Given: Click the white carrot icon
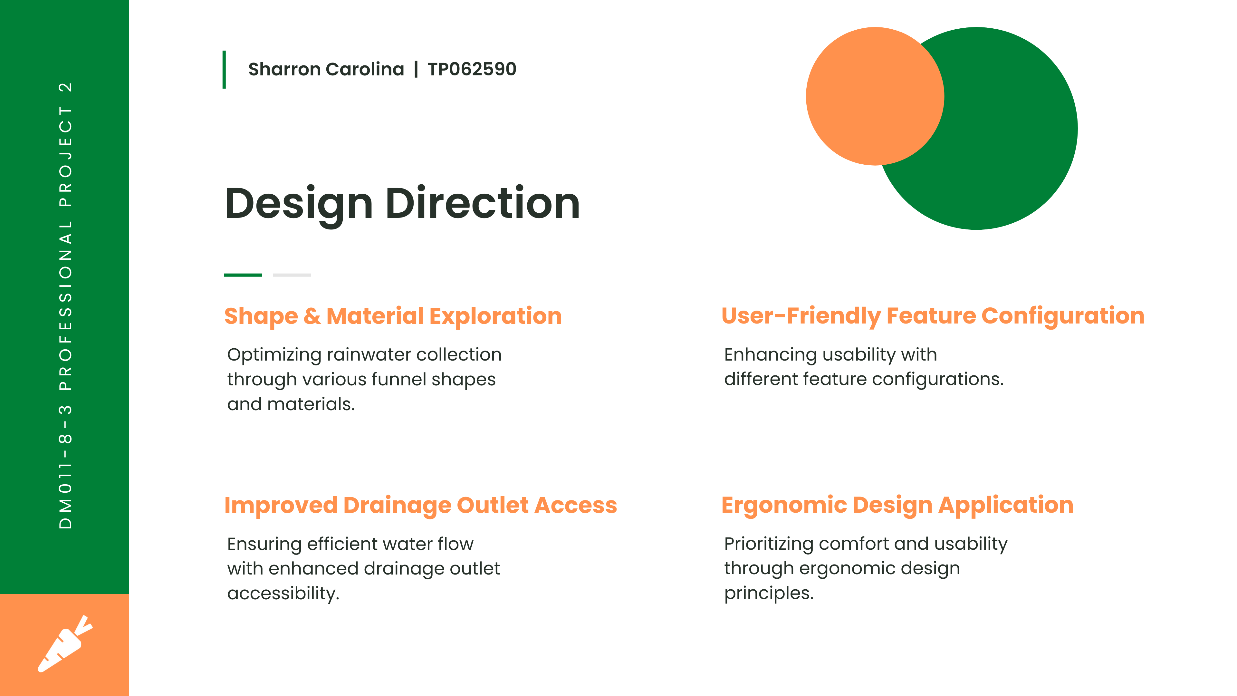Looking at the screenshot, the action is pyautogui.click(x=65, y=644).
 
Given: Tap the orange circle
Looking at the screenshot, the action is pyautogui.click(x=875, y=96).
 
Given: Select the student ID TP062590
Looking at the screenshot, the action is pyautogui.click(x=472, y=69).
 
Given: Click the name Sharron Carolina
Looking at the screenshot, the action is pyautogui.click(x=326, y=70).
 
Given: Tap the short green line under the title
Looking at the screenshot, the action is pyautogui.click(x=243, y=275).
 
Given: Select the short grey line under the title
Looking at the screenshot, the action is pyautogui.click(x=292, y=275).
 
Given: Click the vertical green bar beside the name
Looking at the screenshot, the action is pyautogui.click(x=224, y=70).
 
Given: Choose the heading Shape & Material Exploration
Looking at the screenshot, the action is pyautogui.click(x=393, y=316).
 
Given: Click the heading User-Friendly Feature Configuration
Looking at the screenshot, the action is pyautogui.click(x=933, y=316).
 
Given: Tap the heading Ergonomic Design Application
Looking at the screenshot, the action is pyautogui.click(x=897, y=505).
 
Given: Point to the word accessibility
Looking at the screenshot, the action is pyautogui.click(x=283, y=594).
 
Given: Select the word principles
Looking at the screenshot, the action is pyautogui.click(x=769, y=593).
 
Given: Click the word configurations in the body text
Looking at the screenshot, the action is pyautogui.click(x=938, y=380).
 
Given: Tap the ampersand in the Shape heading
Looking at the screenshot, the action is pyautogui.click(x=312, y=316).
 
